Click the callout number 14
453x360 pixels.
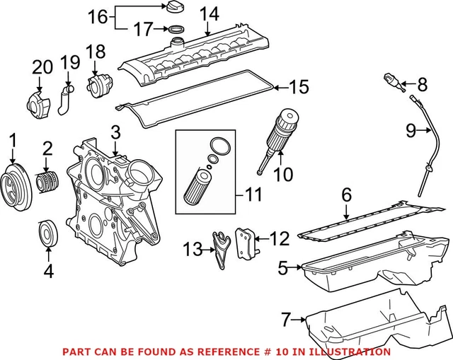pos(208,13)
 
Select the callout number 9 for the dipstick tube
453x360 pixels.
pos(411,129)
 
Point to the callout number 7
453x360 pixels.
pos(285,320)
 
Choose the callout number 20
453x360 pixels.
pos(42,67)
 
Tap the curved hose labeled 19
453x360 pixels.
pos(64,100)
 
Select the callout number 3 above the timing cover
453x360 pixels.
pos(116,132)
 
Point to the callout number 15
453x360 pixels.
pos(299,87)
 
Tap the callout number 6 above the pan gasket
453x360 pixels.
pos(346,192)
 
